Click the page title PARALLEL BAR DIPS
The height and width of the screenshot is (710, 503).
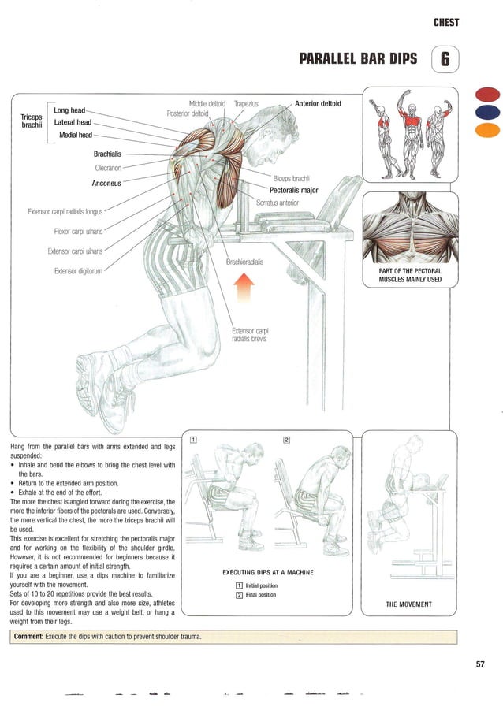[358, 60]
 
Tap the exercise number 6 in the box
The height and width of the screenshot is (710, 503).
[445, 60]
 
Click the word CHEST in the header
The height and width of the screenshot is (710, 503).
[446, 23]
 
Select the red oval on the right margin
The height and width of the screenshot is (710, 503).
[488, 95]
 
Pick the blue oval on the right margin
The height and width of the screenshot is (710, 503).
[488, 113]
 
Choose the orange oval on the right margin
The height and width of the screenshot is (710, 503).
[488, 129]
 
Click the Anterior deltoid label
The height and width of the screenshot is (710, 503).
[318, 103]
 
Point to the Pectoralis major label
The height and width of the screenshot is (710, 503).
[293, 190]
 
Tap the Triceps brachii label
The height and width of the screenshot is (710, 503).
[32, 121]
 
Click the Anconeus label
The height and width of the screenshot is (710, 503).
[106, 184]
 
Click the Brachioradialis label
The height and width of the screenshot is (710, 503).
[244, 262]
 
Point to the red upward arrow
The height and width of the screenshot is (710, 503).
[246, 292]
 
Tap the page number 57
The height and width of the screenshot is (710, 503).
[480, 664]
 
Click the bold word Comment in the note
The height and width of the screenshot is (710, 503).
[28, 636]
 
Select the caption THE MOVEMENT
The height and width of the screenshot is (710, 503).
[408, 604]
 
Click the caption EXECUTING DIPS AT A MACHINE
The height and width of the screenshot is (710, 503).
[268, 572]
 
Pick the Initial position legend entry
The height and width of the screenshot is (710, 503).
[261, 585]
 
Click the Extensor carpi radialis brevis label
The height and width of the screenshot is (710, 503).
[251, 334]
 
